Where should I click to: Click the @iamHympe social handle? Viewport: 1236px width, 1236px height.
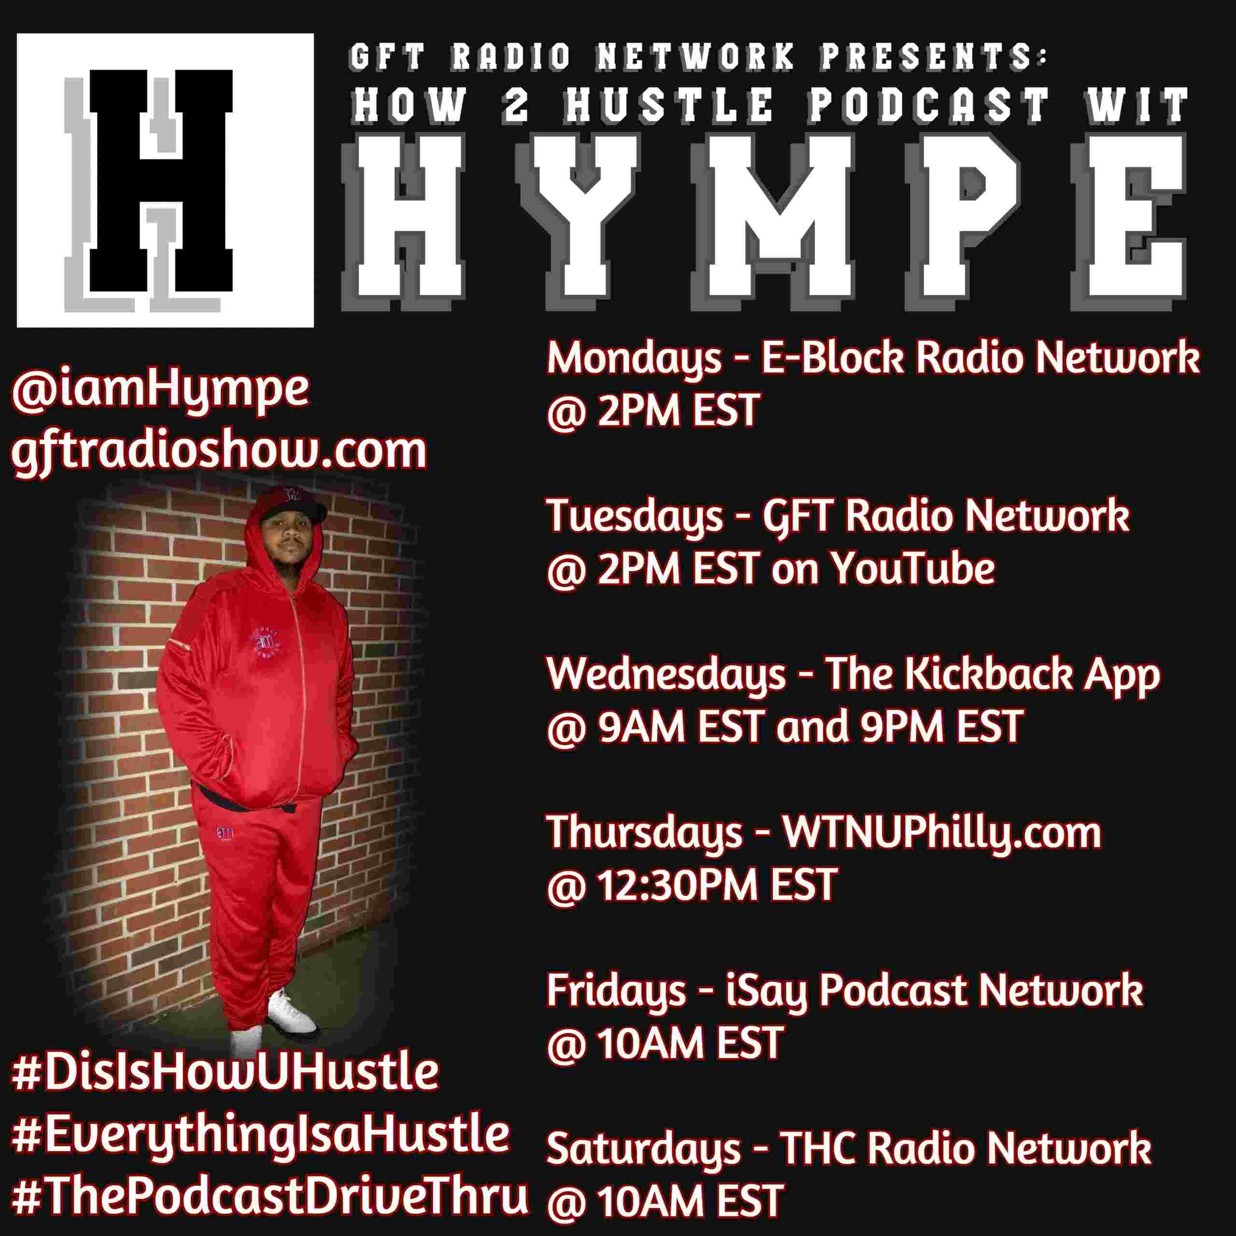[x=160, y=390]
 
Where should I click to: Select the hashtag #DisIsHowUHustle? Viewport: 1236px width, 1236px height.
[x=225, y=1073]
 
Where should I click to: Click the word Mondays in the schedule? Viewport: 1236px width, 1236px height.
[x=634, y=360]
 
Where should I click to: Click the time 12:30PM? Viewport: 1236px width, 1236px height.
[x=678, y=885]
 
